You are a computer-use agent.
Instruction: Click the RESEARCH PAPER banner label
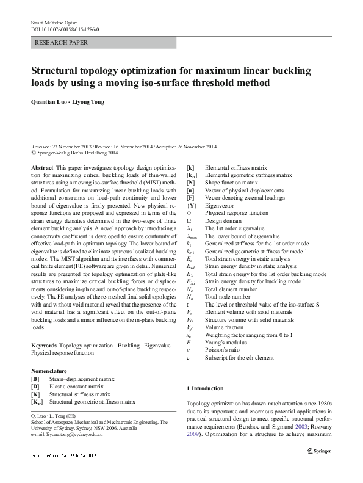coord(62,43)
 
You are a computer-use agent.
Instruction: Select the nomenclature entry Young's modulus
coord(227,343)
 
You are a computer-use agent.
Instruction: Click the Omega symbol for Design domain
coord(189,218)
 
